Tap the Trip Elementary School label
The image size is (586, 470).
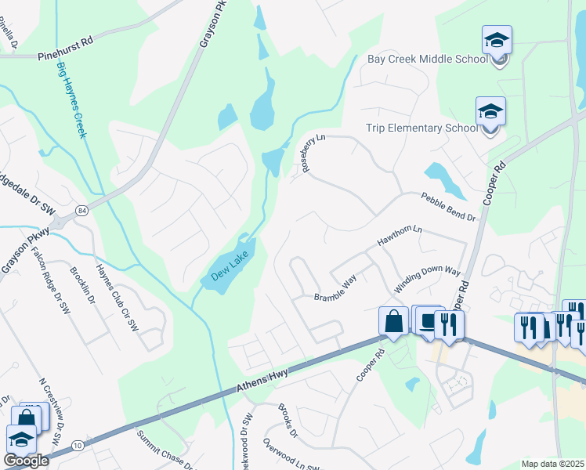coord(421,128)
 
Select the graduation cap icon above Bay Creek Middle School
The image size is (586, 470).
coord(497,41)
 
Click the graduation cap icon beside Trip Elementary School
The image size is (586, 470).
coord(490,111)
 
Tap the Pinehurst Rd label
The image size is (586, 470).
coord(65,57)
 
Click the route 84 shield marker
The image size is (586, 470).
coord(82,210)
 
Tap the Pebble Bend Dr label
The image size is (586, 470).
coord(448,207)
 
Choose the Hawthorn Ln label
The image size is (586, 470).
coord(400,237)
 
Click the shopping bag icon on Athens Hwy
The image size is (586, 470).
coord(392,321)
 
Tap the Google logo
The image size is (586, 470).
coord(25,460)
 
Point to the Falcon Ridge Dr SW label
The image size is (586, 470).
coord(45,272)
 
